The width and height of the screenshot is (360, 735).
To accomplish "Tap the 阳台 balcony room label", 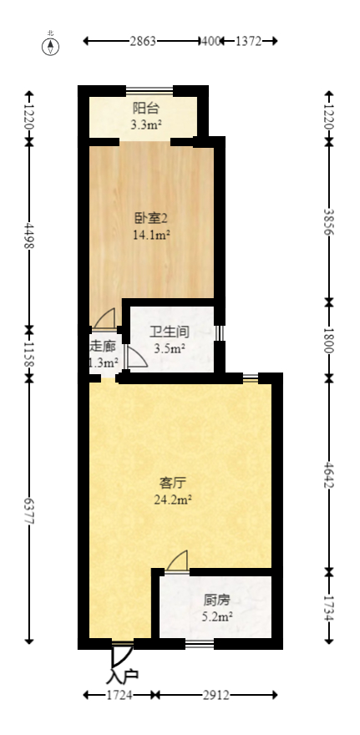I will click(x=145, y=108).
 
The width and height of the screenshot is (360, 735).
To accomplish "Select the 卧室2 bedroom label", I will click(x=151, y=218).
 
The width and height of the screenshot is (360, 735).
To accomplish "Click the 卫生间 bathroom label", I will click(x=168, y=332).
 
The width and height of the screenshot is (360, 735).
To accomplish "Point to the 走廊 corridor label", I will click(x=102, y=346).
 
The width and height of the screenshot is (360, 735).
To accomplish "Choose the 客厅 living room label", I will click(x=172, y=483).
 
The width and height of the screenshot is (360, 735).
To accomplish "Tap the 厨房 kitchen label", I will click(x=216, y=599).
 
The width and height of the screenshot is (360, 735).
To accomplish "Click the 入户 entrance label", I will click(x=124, y=675).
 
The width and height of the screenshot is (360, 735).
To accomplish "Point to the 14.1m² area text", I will click(x=151, y=236).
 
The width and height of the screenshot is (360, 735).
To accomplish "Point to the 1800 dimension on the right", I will click(x=329, y=339).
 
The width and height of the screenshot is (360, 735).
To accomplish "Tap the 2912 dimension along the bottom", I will click(x=216, y=695).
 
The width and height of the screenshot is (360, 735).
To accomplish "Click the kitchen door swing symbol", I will click(x=177, y=560).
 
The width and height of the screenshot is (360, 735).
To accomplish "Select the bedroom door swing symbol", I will click(x=105, y=318).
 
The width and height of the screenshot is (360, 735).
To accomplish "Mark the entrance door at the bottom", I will click(x=121, y=651).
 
